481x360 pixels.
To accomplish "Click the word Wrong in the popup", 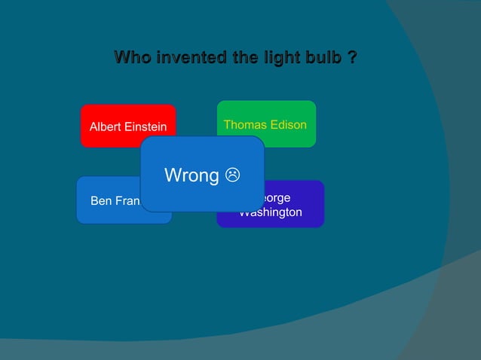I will [191, 175].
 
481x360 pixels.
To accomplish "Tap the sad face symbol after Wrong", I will [234, 175].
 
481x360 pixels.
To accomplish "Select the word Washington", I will [271, 212].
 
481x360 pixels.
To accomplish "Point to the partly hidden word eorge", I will [277, 198].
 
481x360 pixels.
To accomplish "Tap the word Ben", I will [100, 201].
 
